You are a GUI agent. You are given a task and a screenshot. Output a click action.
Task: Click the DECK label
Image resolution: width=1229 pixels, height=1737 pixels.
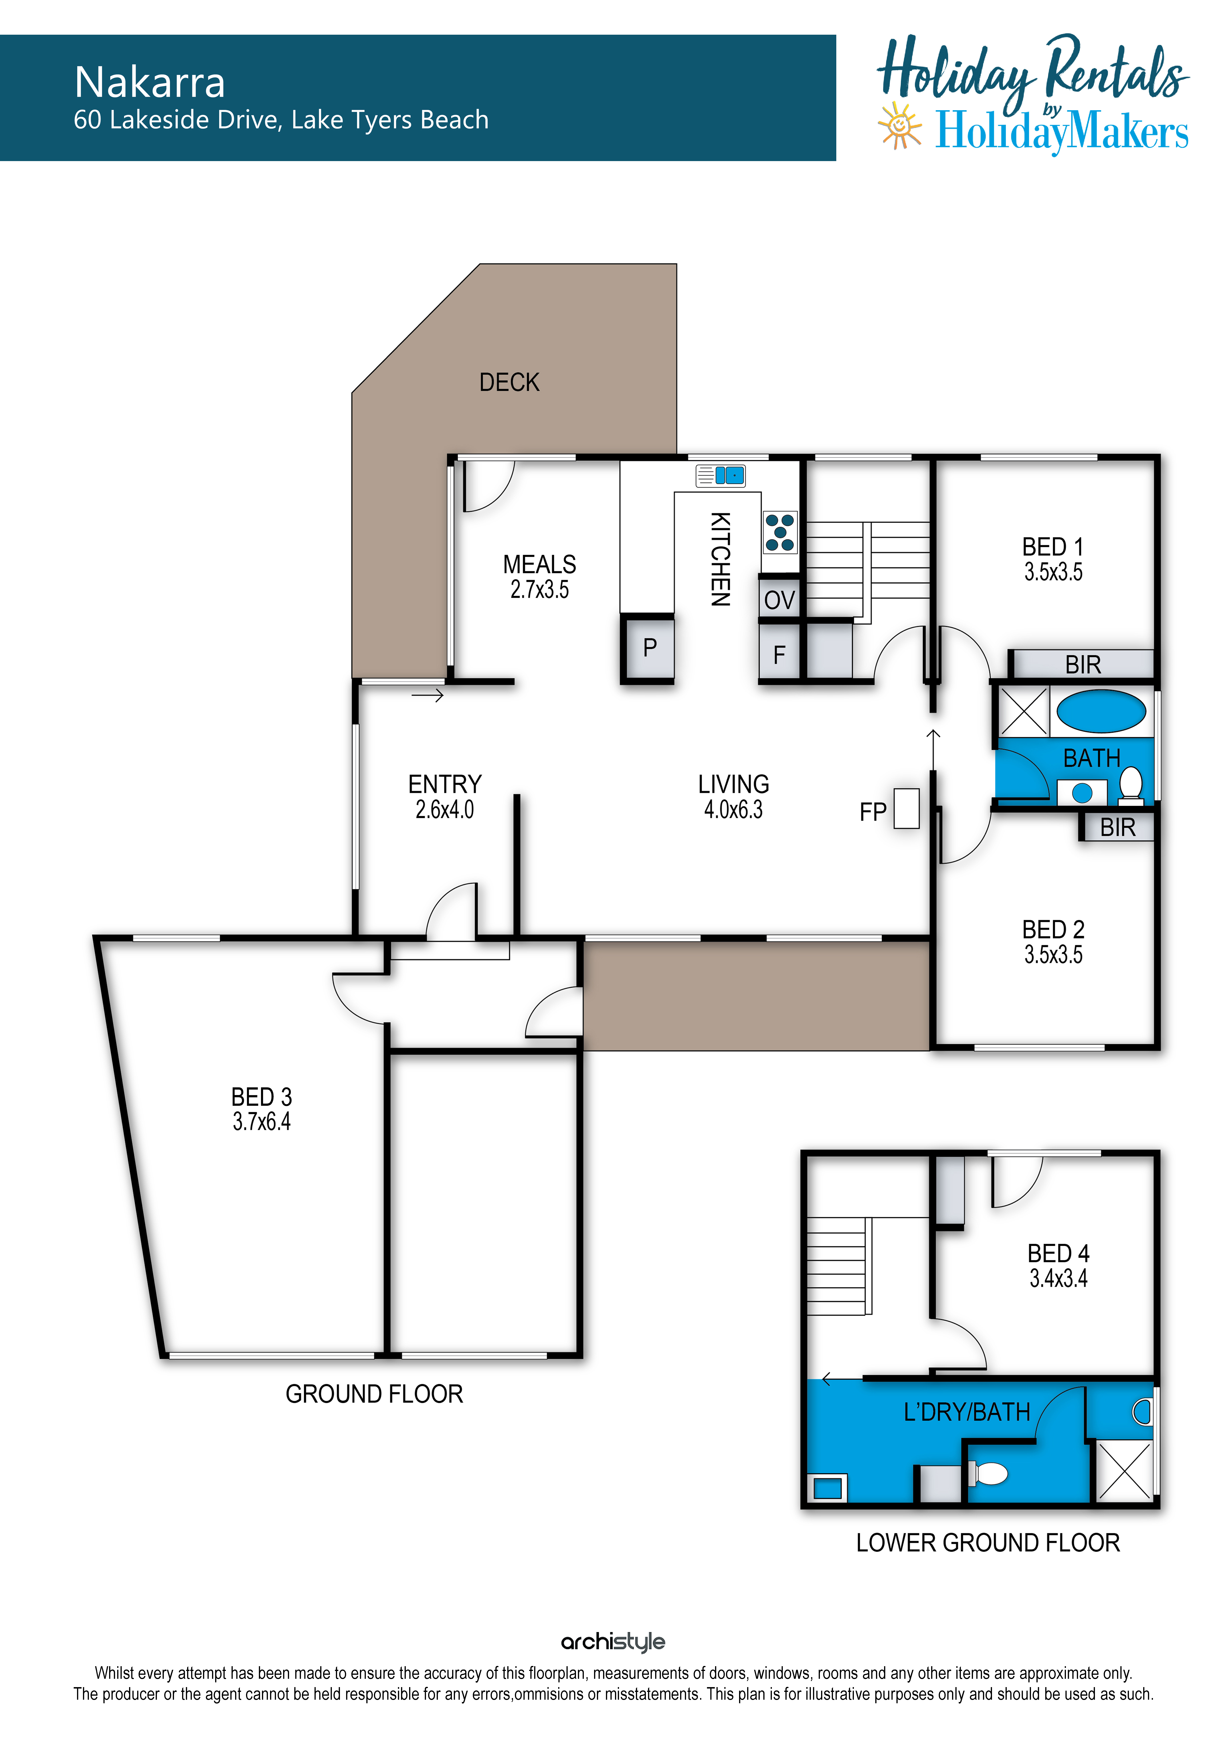tap(509, 382)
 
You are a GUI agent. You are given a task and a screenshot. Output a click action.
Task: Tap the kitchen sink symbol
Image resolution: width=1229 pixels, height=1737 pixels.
tap(721, 475)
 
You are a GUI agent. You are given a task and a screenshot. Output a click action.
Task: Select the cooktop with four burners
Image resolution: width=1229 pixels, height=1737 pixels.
tap(779, 533)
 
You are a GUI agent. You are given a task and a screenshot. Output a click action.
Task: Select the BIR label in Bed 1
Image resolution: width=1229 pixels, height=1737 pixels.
tap(1083, 664)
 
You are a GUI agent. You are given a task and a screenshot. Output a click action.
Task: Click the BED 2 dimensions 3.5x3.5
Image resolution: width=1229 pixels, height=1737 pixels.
tap(1053, 955)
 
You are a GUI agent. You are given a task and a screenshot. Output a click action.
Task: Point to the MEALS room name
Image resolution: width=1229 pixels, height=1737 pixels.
tap(540, 564)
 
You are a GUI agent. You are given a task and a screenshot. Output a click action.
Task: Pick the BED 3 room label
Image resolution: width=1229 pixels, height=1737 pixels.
tap(261, 1097)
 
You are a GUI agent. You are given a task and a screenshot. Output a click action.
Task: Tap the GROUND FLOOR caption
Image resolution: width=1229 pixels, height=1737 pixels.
tap(374, 1393)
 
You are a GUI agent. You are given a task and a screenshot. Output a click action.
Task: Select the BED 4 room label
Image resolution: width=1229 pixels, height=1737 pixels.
tap(1058, 1254)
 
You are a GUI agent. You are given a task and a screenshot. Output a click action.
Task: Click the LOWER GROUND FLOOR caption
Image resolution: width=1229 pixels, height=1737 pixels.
tap(987, 1543)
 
